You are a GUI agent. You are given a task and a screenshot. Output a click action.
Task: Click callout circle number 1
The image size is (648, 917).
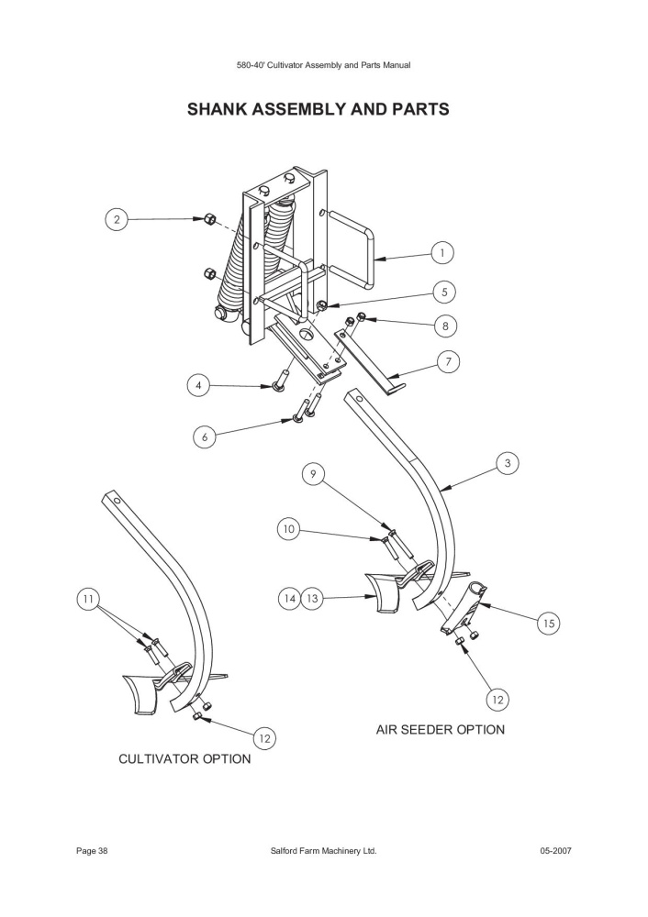click(442, 253)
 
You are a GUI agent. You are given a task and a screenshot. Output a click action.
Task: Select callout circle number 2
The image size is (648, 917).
click(117, 220)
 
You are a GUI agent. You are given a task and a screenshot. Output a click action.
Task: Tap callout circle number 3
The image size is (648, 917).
click(508, 463)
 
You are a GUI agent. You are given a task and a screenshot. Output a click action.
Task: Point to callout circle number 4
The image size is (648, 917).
click(199, 386)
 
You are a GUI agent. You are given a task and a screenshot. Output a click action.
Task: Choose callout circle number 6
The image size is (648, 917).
click(205, 436)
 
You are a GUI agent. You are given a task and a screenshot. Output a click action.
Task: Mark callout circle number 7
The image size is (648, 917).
click(449, 362)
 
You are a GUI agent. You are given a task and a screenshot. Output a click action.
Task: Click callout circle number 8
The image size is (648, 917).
click(445, 326)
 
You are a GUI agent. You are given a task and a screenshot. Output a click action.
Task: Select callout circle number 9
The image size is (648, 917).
click(313, 474)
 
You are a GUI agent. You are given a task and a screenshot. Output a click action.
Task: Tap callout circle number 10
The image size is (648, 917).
click(288, 530)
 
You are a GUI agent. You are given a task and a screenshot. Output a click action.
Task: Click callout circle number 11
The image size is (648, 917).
click(88, 598)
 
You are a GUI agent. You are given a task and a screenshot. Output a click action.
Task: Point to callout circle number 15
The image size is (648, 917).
click(549, 624)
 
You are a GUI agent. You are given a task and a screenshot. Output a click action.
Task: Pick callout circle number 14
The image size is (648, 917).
click(289, 598)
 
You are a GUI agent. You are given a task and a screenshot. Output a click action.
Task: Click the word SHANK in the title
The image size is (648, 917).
click(218, 109)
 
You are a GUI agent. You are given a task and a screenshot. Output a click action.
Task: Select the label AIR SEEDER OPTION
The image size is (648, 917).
click(441, 729)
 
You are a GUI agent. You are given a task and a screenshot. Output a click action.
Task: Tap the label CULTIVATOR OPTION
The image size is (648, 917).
click(184, 758)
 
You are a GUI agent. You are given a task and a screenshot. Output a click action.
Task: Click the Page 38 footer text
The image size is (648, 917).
click(92, 851)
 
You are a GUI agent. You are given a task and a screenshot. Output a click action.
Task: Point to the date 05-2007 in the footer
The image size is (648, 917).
click(555, 851)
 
